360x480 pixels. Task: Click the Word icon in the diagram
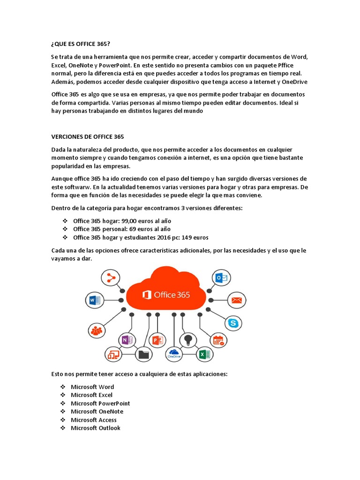[93, 300]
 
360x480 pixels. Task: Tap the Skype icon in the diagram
[233, 322]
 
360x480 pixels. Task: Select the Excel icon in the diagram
[204, 354]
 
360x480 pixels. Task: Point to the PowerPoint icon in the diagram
[157, 340]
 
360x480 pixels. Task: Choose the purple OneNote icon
[126, 340]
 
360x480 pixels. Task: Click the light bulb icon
[188, 339]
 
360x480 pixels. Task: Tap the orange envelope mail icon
[237, 300]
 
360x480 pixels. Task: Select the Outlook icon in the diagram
[220, 278]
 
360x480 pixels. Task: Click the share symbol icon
[111, 278]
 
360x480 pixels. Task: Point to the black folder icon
[143, 354]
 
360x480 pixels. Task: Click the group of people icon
[97, 330]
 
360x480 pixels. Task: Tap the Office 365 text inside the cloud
[166, 295]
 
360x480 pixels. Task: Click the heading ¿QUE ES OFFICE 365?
[81, 45]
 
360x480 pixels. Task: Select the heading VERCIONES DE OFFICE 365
[87, 137]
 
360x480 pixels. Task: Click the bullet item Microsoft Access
[93, 420]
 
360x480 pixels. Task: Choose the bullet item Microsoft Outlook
[95, 428]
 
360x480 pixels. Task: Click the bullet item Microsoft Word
[92, 387]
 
